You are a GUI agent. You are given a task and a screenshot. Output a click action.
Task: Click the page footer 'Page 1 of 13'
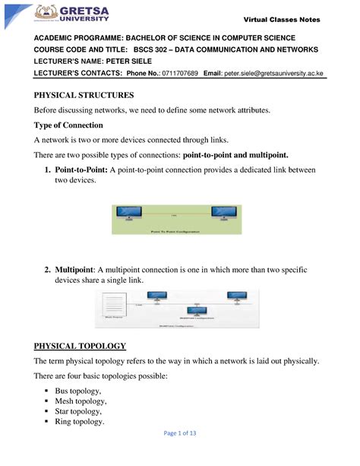click(180, 454)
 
